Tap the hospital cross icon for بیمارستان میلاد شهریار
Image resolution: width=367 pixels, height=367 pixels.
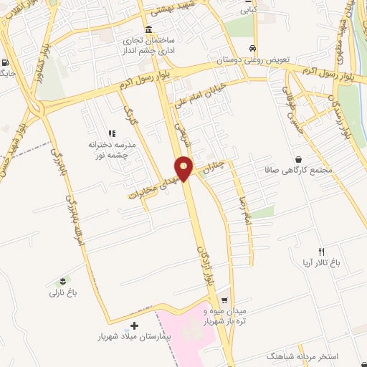pos(135,325)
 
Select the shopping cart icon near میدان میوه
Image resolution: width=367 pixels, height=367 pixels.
pos(225,301)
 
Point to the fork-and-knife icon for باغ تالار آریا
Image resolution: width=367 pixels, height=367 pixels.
pos(321,252)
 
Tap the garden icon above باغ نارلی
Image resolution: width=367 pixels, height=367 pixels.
pos(67,280)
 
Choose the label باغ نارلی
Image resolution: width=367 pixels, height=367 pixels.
pos(62,292)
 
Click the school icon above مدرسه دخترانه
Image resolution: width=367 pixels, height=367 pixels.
pos(111,133)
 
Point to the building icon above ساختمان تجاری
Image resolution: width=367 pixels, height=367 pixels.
pos(148,29)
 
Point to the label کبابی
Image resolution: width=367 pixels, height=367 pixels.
pos(247,10)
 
